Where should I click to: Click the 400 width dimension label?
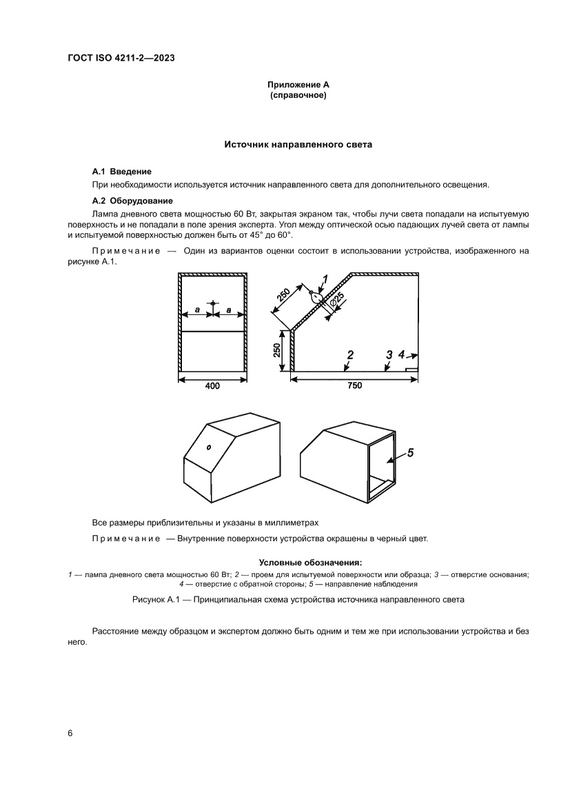click(212, 386)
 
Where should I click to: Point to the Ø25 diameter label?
click(337, 301)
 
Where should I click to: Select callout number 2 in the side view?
click(350, 355)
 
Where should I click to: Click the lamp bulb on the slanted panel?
click(316, 298)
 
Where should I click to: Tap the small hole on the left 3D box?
click(210, 447)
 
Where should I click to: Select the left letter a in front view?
click(197, 311)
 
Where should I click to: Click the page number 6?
click(70, 733)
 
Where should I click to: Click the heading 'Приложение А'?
click(298, 85)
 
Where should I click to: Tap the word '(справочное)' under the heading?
click(298, 95)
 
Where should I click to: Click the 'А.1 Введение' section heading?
click(121, 171)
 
